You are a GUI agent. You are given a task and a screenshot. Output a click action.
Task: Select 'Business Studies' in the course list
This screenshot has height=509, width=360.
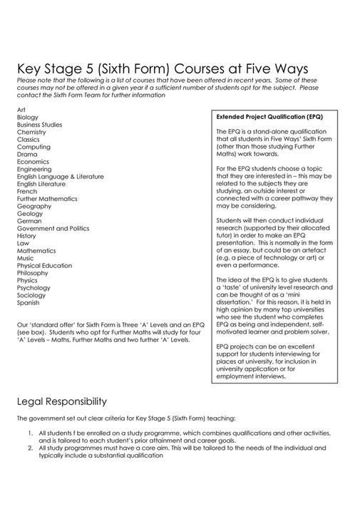click(39, 124)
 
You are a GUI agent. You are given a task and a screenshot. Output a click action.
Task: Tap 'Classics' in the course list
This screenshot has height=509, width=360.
click(29, 140)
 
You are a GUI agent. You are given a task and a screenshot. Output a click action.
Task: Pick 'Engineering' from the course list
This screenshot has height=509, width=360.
click(34, 170)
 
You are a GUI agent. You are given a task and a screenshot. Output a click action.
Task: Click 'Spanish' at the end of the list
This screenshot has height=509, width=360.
click(28, 304)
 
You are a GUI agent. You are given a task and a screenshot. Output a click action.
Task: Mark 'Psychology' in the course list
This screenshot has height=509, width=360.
click(34, 289)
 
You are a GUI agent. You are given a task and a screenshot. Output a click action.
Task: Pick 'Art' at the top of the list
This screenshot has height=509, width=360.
click(21, 108)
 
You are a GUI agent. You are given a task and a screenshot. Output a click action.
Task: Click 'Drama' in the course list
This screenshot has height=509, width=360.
click(27, 155)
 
